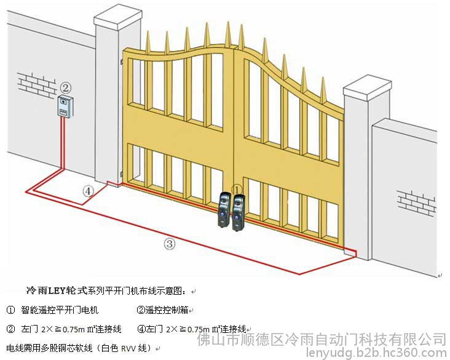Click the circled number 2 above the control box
click(66, 87)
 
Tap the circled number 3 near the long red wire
click(169, 244)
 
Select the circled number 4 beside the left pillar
click(88, 191)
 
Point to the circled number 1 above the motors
click(237, 190)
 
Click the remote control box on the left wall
click(65, 106)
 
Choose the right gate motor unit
click(239, 212)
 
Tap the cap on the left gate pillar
click(118, 17)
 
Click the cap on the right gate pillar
click(368, 87)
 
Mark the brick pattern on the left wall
click(36, 85)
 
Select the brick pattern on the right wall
click(417, 202)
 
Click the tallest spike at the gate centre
click(228, 33)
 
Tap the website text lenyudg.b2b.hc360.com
click(376, 353)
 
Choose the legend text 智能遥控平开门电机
click(60, 310)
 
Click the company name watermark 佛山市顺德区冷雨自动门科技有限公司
click(322, 339)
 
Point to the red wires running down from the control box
click(63, 143)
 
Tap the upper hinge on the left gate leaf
click(122, 62)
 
